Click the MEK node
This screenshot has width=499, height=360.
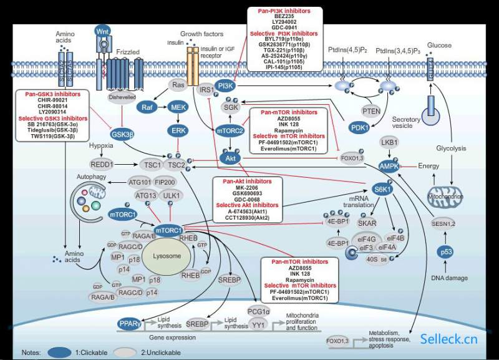click(178, 107)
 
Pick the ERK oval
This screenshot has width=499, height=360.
click(178, 130)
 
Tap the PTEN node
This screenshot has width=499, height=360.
click(371, 110)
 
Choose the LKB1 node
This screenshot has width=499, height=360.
click(390, 143)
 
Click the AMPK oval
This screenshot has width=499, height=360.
click(390, 165)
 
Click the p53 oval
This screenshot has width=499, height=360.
click(443, 252)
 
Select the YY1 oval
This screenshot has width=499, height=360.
click(258, 324)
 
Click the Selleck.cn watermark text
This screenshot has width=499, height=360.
click(448, 339)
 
